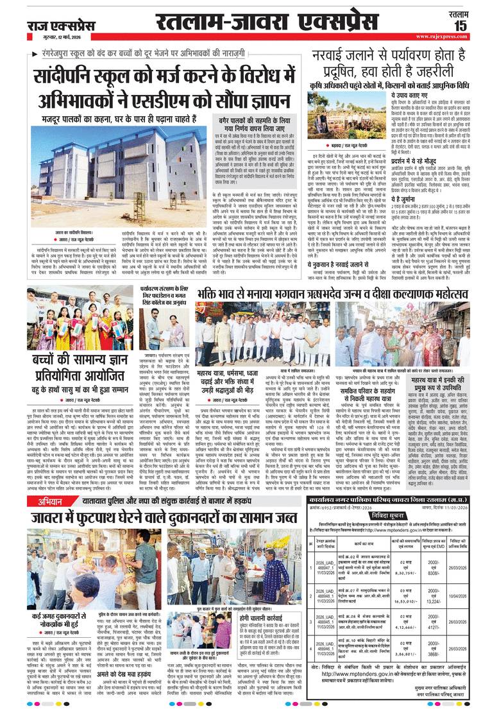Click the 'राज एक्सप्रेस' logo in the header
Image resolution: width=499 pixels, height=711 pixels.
(59, 24)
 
